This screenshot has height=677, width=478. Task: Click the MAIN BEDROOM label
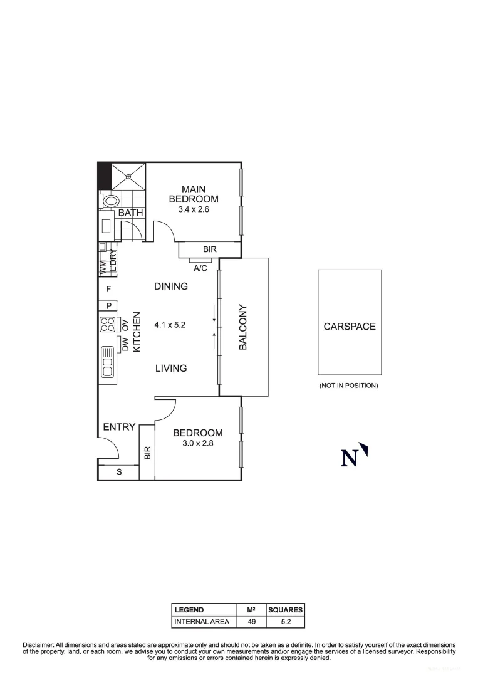point(193,194)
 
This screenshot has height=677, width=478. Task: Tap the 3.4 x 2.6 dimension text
point(193,210)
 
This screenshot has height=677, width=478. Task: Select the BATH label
point(131,213)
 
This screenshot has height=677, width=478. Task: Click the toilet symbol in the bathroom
point(112,202)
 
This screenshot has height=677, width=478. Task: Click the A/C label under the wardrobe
point(200,268)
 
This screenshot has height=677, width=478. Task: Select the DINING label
point(171,286)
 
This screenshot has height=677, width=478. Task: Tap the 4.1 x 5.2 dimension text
point(170,325)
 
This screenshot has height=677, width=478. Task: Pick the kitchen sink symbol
point(108,364)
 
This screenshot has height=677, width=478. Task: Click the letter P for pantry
point(108,306)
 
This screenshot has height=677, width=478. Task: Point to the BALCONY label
point(243,327)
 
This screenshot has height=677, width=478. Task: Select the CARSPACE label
point(350,327)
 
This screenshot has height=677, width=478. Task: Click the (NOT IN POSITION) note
point(349,386)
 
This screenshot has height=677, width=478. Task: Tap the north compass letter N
point(350,458)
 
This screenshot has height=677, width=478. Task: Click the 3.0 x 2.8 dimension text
point(198,444)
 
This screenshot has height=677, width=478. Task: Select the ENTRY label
point(119,427)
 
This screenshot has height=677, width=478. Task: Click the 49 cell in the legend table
point(252,622)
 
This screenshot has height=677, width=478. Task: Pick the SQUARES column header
point(285,610)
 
